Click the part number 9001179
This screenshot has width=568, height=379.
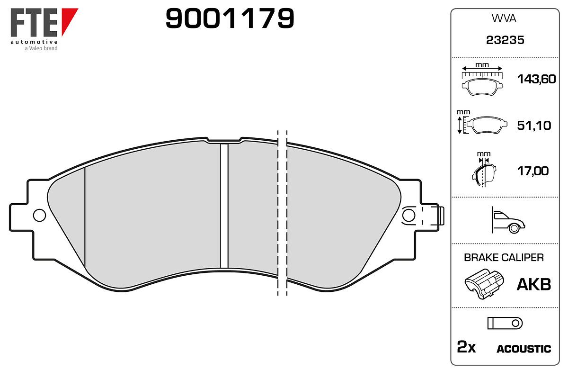click(230, 18)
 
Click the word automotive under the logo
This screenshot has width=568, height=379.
click(34, 42)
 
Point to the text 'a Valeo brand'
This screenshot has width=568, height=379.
click(41, 48)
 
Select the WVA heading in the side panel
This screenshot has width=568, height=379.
click(504, 18)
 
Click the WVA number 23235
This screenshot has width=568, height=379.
click(505, 40)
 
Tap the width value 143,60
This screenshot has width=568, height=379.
click(536, 79)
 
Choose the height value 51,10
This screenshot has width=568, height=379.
click(534, 126)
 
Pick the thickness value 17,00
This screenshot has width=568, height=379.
click(533, 171)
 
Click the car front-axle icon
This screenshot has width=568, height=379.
click(508, 220)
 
